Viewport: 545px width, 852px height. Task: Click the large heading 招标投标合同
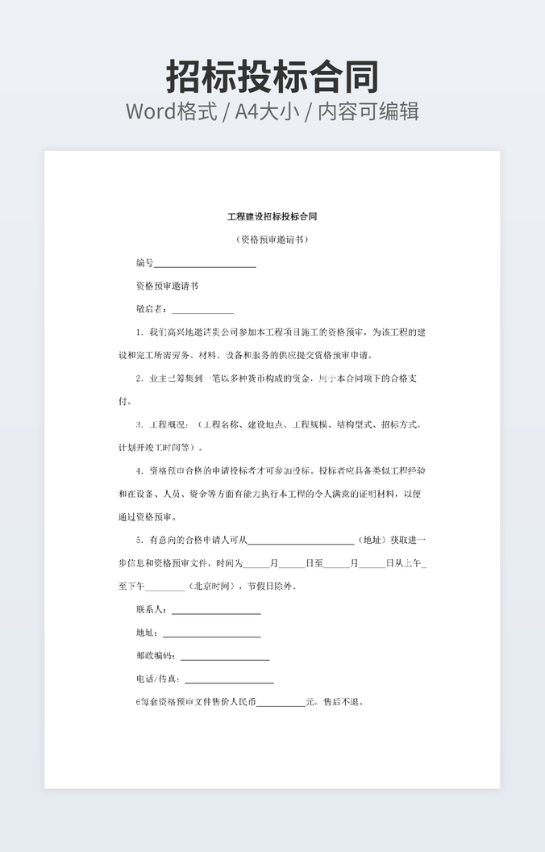coord(272,77)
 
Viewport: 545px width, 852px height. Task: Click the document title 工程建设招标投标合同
coord(272,217)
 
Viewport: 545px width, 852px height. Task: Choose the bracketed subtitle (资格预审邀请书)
coord(272,240)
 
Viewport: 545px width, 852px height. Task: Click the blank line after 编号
coord(205,265)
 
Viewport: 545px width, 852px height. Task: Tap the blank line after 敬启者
coord(202,311)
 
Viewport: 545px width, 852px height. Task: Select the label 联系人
coord(151,610)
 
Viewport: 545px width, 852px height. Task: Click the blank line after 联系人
coord(216,612)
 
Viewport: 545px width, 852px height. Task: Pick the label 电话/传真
coord(157,679)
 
